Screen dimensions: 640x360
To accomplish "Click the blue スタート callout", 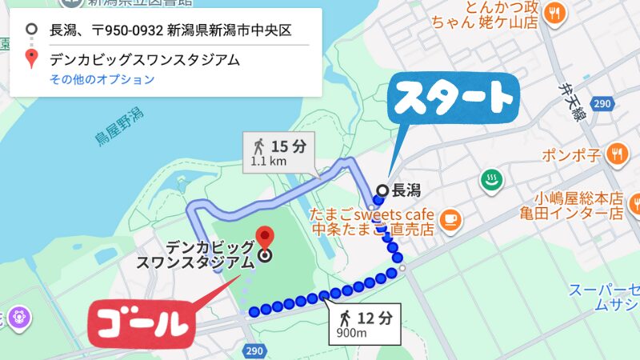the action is click(x=453, y=101).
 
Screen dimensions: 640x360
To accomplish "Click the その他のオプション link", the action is click(x=102, y=79).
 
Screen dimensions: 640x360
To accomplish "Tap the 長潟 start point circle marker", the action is click(x=382, y=190).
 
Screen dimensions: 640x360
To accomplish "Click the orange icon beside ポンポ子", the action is click(x=615, y=153).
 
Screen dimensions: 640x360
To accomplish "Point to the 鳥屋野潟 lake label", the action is click(x=119, y=126).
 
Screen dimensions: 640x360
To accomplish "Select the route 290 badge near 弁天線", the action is click(x=603, y=104).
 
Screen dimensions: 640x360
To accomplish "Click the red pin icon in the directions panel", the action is click(x=31, y=58).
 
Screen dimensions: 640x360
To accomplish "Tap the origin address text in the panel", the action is click(x=170, y=31).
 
